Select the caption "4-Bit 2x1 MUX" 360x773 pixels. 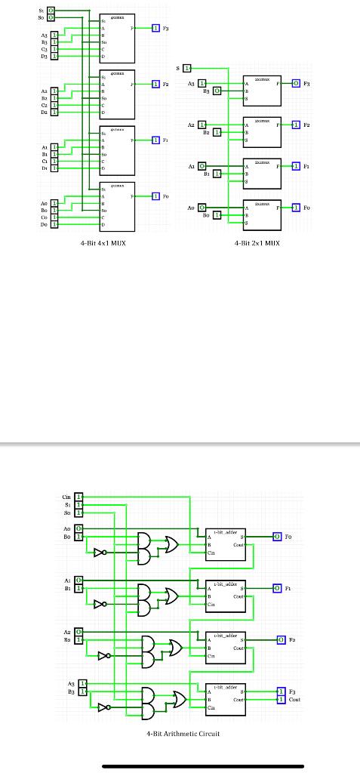(x=257, y=244)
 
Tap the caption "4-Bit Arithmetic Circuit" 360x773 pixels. (x=183, y=734)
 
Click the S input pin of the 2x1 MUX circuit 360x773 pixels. (x=188, y=68)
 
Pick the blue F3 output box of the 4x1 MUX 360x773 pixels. (x=155, y=28)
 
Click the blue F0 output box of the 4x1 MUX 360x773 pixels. (x=155, y=196)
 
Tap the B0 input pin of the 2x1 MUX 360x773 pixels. (x=217, y=215)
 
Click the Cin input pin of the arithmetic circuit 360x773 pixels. (x=78, y=497)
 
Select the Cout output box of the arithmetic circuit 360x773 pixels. (x=282, y=700)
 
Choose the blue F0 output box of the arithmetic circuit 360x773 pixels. (x=277, y=536)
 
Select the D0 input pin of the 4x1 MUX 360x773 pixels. (x=54, y=225)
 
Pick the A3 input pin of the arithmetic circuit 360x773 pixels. (x=83, y=682)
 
